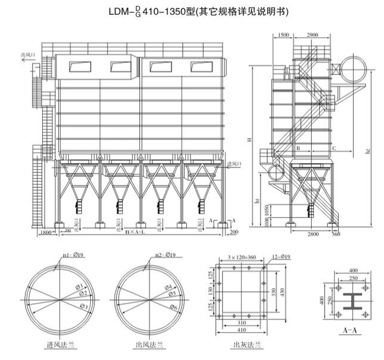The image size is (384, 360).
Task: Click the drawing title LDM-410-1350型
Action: click(x=192, y=11)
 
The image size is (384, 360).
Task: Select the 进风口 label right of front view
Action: click(x=235, y=163)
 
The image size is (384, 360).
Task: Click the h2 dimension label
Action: click(x=368, y=151)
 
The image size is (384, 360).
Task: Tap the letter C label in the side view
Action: click(x=334, y=147)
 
